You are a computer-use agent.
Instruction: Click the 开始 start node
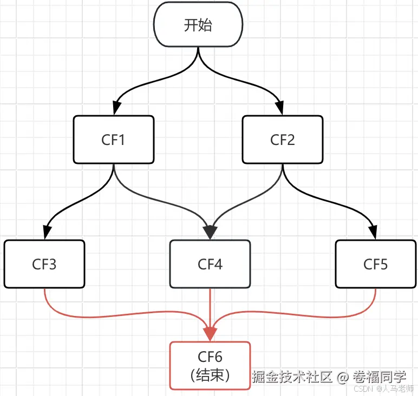pyautogui.click(x=198, y=25)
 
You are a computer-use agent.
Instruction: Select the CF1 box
pyautogui.click(x=114, y=140)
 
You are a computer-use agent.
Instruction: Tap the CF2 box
pyautogui.click(x=282, y=140)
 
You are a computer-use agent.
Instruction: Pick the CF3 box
pyautogui.click(x=44, y=264)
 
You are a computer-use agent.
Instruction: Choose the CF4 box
pyautogui.click(x=210, y=264)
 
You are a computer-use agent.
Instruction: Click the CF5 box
pyautogui.click(x=375, y=264)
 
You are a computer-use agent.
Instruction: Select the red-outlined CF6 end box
pyautogui.click(x=210, y=365)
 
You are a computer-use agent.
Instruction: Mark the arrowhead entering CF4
pyautogui.click(x=210, y=233)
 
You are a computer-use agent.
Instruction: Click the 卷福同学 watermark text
pyautogui.click(x=379, y=377)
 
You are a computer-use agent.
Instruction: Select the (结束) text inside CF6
pyautogui.click(x=210, y=375)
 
